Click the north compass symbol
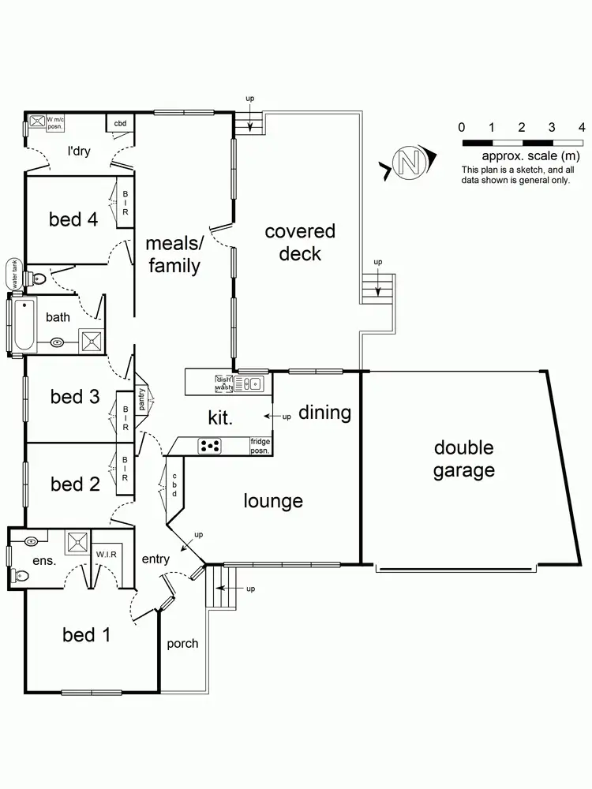point(409,163)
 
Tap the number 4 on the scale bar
point(582,127)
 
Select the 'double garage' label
point(464,459)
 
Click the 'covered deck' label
point(300,242)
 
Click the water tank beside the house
point(13,274)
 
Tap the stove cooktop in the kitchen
point(209,447)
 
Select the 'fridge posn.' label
point(260,446)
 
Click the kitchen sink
point(252,384)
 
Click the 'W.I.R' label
point(107,553)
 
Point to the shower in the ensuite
point(77,543)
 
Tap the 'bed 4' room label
point(73,219)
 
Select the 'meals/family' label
point(174,254)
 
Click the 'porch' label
point(182,643)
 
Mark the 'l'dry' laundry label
point(79,151)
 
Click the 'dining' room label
point(324,413)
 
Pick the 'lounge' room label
point(273,500)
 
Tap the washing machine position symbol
point(36,121)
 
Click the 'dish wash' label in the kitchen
point(223,383)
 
